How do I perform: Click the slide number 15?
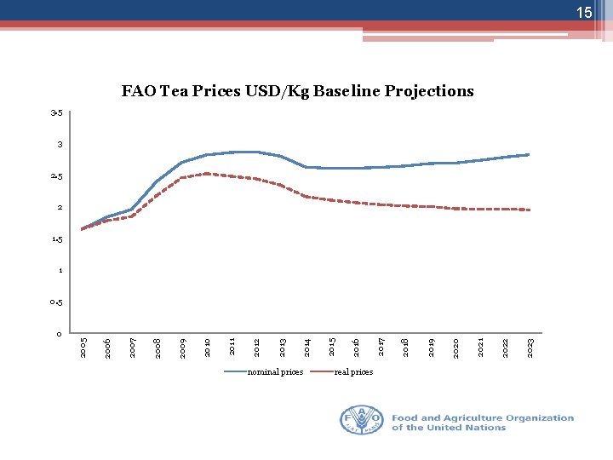[x=583, y=13]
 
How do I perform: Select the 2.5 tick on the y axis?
[x=56, y=176]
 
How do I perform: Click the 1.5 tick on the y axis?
[x=56, y=239]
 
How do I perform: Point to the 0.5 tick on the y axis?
[x=56, y=302]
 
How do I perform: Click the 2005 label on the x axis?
[x=83, y=347]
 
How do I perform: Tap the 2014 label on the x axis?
[x=307, y=347]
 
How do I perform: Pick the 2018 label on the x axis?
[x=407, y=347]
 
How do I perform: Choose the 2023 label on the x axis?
[x=531, y=347]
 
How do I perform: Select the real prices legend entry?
[x=352, y=372]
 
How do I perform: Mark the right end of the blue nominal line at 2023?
[x=530, y=154]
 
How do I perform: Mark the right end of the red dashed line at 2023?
[x=530, y=210]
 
